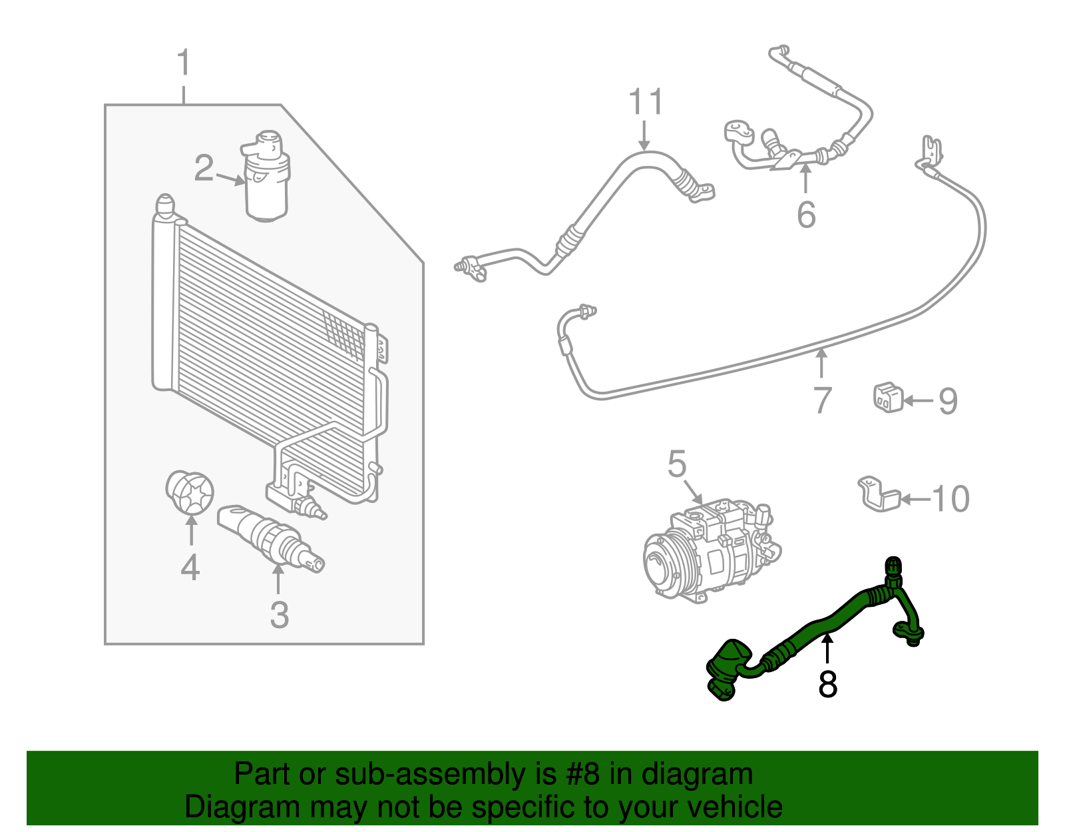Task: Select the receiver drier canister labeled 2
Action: [x=267, y=177]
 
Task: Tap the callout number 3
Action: [x=280, y=614]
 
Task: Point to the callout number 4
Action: [x=190, y=568]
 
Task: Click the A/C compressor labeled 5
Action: [x=712, y=553]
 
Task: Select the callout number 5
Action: [x=677, y=464]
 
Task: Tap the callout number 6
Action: [x=806, y=214]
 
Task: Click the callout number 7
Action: [x=823, y=400]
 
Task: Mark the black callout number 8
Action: [x=827, y=684]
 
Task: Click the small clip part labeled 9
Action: [x=887, y=397]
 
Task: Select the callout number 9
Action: [x=948, y=401]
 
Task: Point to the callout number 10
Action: [x=951, y=498]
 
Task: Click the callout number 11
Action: [x=646, y=102]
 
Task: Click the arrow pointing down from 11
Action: [x=644, y=136]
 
